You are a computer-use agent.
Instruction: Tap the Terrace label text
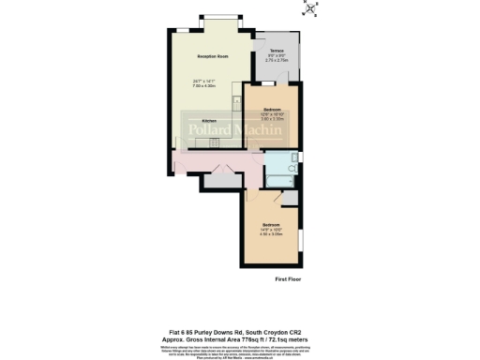click(277, 51)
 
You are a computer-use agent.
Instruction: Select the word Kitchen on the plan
click(209, 122)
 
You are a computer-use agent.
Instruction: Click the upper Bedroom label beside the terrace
click(272, 110)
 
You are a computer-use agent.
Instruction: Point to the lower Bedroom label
click(271, 225)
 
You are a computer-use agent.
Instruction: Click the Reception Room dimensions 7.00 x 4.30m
click(213, 86)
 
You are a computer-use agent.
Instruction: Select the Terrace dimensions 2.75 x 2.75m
click(277, 60)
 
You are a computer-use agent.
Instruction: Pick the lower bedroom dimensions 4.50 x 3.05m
click(271, 234)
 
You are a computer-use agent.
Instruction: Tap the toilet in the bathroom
click(294, 169)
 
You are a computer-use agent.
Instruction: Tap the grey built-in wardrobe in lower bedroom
click(291, 199)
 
